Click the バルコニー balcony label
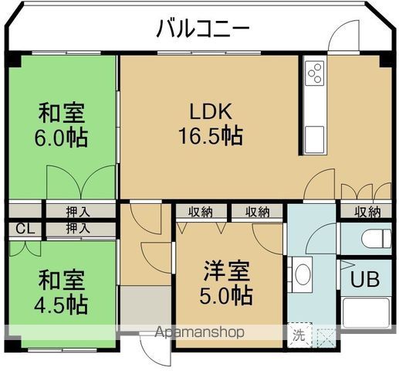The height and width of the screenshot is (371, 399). tap(203, 29)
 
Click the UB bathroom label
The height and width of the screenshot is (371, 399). tap(364, 279)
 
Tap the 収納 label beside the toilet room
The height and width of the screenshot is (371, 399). tap(367, 211)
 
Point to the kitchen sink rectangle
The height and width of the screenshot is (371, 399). tap(314, 141)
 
